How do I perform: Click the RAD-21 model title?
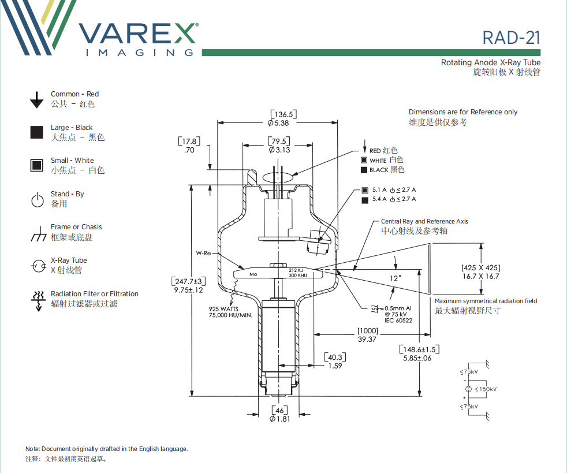(x=511, y=38)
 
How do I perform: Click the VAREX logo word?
(x=139, y=33)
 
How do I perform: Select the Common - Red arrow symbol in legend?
(x=37, y=99)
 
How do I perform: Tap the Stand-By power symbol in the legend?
(x=37, y=200)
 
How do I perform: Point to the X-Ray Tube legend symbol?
(x=38, y=266)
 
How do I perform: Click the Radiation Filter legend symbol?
(x=38, y=300)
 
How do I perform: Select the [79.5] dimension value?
(x=279, y=141)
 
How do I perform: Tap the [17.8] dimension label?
(x=189, y=141)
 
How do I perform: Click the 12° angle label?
(x=396, y=277)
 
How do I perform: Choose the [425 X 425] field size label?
(x=480, y=267)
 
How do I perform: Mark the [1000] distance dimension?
(x=367, y=330)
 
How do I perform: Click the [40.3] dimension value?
(x=335, y=357)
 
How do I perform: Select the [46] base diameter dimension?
(x=279, y=409)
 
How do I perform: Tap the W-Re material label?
(x=203, y=253)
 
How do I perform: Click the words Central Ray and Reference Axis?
(x=424, y=221)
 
